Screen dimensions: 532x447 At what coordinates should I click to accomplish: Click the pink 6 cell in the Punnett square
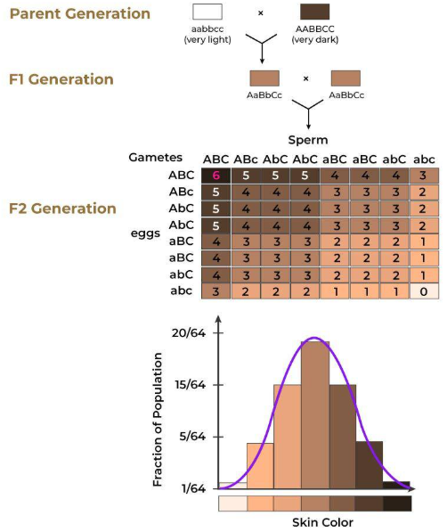(x=216, y=176)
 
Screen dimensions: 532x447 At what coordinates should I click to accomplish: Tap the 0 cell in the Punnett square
(x=425, y=291)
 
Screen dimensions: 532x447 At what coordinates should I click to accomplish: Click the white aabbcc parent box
(x=207, y=12)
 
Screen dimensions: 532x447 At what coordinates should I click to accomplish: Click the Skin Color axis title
(x=316, y=522)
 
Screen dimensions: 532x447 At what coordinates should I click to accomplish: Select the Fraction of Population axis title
(x=158, y=419)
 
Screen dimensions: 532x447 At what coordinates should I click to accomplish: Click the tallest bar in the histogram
(x=315, y=414)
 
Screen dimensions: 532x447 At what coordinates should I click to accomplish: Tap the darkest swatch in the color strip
(x=397, y=503)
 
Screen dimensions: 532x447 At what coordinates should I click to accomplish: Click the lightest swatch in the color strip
(x=232, y=503)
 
